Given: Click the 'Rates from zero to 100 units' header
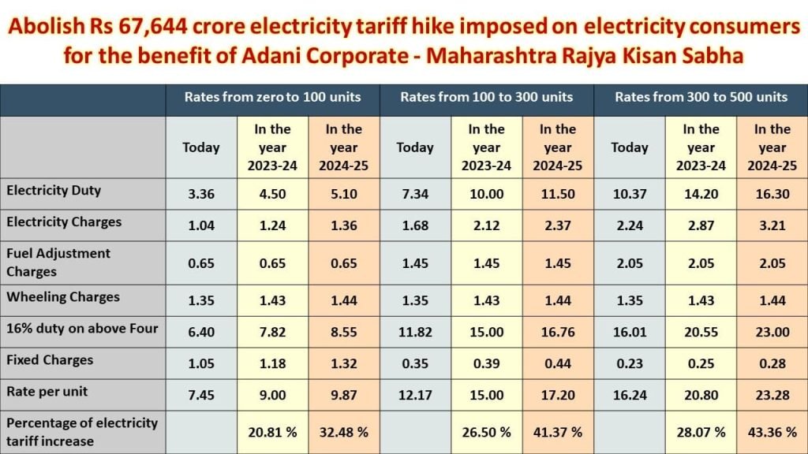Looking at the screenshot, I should click(x=272, y=97).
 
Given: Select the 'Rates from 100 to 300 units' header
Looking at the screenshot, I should click(x=487, y=97).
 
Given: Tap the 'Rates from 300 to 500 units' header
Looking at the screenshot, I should click(x=701, y=97).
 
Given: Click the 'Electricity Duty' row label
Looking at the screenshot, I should click(x=54, y=191).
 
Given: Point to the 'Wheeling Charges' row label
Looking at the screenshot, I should click(x=63, y=297).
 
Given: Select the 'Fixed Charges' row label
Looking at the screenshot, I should click(x=50, y=360).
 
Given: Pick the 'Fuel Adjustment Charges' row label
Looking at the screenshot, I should click(x=58, y=262).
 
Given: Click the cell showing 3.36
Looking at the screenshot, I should click(x=200, y=194).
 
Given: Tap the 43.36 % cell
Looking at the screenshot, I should click(x=772, y=432).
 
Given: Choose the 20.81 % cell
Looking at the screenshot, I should click(x=272, y=432).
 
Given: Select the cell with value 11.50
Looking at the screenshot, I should click(x=558, y=194).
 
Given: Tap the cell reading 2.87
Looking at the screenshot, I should click(x=701, y=225).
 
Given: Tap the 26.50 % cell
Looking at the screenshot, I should click(x=487, y=432).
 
